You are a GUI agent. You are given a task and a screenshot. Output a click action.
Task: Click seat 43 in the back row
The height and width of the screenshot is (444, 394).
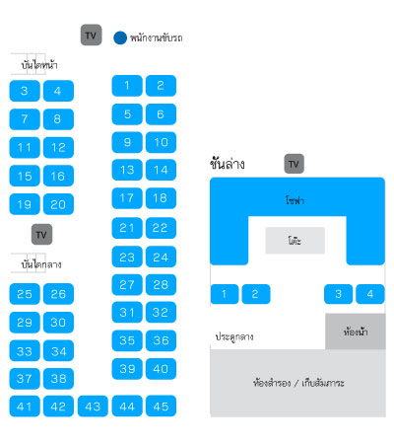point(93,407)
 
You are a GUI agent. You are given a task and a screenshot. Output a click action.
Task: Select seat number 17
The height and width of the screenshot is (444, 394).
point(127,198)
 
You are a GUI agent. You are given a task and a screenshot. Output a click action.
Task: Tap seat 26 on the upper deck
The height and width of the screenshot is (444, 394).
point(58,294)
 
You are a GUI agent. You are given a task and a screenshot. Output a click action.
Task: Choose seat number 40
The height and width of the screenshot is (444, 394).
point(161,369)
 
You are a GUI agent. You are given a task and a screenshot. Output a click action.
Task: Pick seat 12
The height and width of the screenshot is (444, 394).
point(58,147)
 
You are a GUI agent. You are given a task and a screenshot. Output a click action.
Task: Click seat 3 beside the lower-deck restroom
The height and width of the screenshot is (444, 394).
point(338,294)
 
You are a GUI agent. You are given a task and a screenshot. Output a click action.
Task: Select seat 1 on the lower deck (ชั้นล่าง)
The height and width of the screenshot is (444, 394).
point(225,294)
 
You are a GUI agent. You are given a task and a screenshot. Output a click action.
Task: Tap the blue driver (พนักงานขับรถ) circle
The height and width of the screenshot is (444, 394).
point(120,37)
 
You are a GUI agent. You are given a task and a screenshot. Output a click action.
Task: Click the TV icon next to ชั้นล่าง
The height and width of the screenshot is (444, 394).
point(294,164)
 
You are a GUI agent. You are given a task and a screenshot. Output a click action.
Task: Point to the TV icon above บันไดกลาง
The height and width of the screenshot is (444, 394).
point(41,235)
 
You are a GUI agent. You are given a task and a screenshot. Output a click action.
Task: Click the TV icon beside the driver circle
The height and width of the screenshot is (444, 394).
point(91,35)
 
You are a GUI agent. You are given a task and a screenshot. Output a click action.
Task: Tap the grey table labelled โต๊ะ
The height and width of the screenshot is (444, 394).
point(295,241)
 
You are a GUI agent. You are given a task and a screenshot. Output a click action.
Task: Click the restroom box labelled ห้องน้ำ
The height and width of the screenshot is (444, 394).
point(356,332)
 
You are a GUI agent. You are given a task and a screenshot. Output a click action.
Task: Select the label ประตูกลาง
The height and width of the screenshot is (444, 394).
point(234,336)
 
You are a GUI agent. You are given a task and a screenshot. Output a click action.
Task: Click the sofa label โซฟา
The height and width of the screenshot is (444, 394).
point(295,200)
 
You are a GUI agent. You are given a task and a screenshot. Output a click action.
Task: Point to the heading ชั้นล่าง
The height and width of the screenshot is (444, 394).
point(228,164)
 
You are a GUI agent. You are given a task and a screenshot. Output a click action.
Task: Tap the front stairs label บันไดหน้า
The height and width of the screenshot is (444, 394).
point(39,65)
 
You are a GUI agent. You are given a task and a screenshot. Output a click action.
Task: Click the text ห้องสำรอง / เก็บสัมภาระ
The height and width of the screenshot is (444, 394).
point(298,383)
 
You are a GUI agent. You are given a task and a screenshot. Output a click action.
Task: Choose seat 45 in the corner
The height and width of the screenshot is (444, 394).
point(161,407)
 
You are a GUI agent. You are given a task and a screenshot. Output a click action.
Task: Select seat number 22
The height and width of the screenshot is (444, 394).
point(161,228)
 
